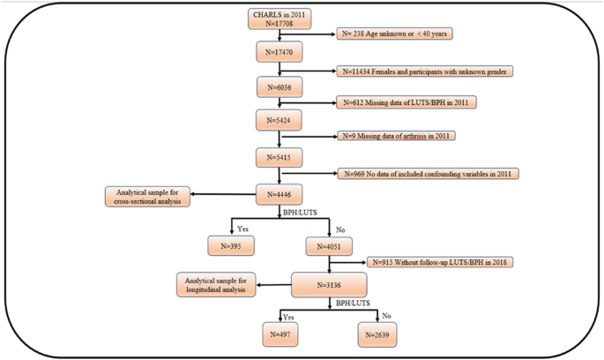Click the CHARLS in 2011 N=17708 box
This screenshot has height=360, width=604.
tap(280, 19)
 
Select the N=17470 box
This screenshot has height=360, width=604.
tap(280, 53)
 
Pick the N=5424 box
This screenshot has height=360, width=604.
tap(280, 120)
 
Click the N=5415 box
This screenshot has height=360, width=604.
tap(280, 155)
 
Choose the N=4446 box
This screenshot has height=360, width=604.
tap(280, 191)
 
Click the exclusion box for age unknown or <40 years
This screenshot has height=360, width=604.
tap(406, 35)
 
